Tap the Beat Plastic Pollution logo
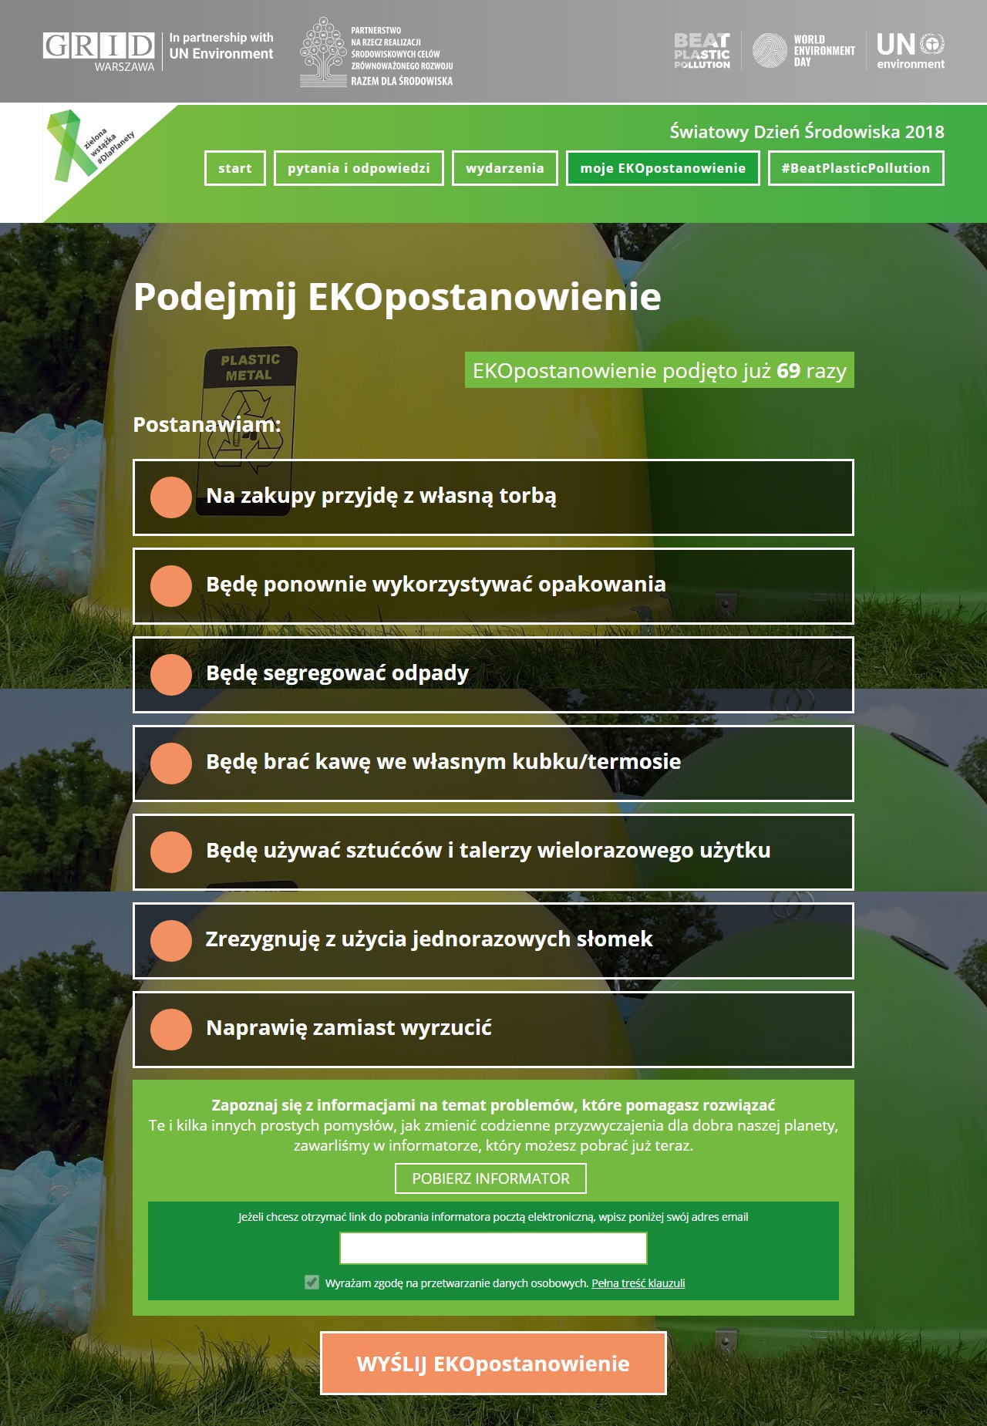coord(702,51)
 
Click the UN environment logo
coord(910,51)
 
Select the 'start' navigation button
coord(235,168)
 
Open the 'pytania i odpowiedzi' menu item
coord(359,168)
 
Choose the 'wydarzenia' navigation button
coord(505,168)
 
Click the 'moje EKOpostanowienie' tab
coord(663,168)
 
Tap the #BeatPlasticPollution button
coord(856,168)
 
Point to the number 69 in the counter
coord(788,371)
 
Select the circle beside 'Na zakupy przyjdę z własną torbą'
coord(171,497)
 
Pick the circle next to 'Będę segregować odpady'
coord(171,674)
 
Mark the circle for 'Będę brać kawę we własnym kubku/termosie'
coord(171,763)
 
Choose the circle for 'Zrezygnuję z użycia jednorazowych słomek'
coord(171,940)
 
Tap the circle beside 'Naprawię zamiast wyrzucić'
coord(171,1029)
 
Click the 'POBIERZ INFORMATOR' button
coord(490,1178)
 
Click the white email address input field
coord(493,1248)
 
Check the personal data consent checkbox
coord(312,1283)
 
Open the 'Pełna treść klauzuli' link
coord(638,1283)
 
